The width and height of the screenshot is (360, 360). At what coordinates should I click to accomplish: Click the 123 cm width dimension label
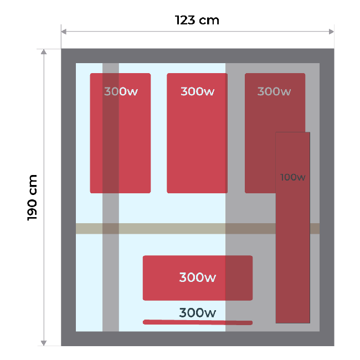197,20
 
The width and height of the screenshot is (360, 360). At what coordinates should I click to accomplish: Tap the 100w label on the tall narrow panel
293,177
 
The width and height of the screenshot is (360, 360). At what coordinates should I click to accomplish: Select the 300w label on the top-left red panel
121,91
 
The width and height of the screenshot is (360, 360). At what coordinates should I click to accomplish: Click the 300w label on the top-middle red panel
197,91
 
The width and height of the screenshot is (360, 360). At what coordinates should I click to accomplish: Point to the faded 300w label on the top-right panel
274,91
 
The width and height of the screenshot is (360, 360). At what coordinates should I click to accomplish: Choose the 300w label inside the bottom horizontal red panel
197,277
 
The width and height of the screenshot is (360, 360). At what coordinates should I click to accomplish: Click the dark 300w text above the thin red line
197,313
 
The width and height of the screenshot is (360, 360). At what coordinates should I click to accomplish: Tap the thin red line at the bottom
197,322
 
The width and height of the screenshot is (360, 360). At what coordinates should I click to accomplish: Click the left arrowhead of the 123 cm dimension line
63,31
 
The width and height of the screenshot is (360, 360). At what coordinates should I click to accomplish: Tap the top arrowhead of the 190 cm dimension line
44,52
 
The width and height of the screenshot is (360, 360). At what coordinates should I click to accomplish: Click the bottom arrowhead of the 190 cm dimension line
44,343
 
